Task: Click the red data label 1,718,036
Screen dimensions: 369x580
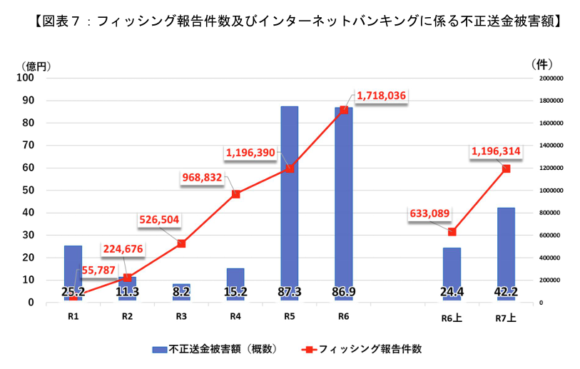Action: pyautogui.click(x=381, y=95)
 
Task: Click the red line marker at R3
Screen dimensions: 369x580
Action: pyautogui.click(x=181, y=243)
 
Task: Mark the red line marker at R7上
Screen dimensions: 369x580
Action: pyautogui.click(x=506, y=168)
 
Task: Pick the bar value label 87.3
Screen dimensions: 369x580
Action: pyautogui.click(x=289, y=291)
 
